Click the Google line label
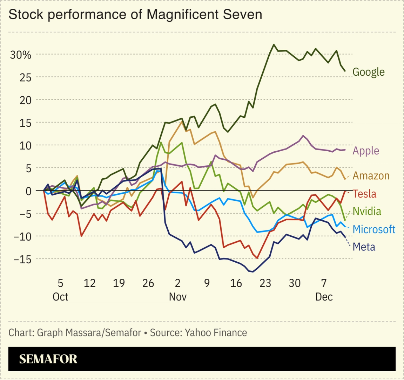point(368,72)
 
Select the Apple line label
point(366,151)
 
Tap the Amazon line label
point(371,175)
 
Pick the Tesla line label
point(364,194)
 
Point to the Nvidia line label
point(366,211)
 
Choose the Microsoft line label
point(374,229)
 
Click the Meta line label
point(364,247)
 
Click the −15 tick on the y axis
point(22,259)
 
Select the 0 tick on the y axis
point(28,191)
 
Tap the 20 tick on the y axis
point(25,100)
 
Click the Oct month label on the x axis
point(60,297)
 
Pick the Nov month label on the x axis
point(177,297)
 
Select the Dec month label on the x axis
point(324,297)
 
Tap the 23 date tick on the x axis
point(265,283)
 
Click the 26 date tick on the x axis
point(148,283)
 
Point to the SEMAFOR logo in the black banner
point(48,359)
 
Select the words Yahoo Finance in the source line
point(216,332)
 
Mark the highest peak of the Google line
point(274,44)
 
